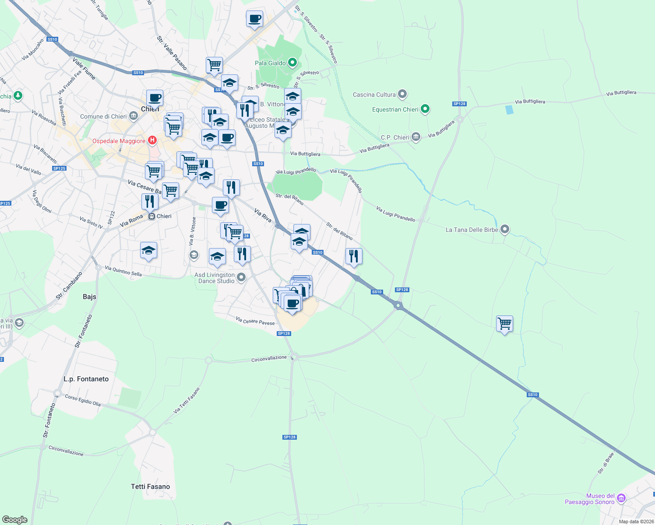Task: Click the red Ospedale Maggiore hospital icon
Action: (x=152, y=140)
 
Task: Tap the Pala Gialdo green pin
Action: (x=292, y=63)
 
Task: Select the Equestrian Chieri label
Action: (x=395, y=109)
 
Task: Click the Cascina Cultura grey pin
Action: (x=402, y=94)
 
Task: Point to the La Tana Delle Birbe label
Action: (x=472, y=230)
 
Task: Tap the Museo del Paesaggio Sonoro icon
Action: (x=621, y=498)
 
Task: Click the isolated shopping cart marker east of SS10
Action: (x=504, y=324)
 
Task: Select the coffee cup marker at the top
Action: (x=254, y=19)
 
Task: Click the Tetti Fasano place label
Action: (x=150, y=486)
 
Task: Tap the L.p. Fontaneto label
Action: (x=86, y=379)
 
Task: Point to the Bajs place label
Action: (x=89, y=297)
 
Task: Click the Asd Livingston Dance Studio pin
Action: (x=241, y=276)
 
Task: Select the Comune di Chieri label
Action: (x=103, y=116)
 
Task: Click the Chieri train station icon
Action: (x=151, y=216)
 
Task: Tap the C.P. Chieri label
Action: (x=395, y=137)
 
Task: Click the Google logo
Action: (x=15, y=520)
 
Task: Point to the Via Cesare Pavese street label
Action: (x=255, y=321)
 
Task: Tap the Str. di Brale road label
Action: (x=606, y=463)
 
